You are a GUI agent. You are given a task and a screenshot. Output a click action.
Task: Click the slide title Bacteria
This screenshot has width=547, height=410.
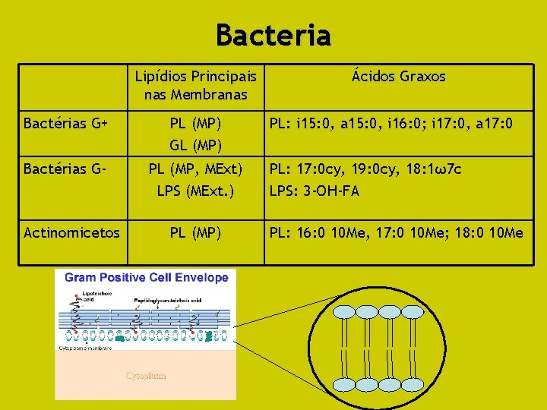click(273, 34)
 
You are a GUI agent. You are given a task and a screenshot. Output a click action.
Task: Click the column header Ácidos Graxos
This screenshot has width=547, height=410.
click(399, 77)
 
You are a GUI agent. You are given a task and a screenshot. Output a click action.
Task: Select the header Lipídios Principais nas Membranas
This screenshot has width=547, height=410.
click(195, 85)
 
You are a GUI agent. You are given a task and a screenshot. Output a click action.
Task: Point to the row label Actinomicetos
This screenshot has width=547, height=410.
click(71, 232)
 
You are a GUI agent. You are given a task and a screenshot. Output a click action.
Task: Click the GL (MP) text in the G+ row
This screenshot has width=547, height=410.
click(195, 145)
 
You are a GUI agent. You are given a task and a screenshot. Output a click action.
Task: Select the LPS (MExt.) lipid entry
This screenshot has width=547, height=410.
click(195, 191)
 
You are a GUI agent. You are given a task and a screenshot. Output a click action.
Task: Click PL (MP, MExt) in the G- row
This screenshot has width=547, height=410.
click(195, 169)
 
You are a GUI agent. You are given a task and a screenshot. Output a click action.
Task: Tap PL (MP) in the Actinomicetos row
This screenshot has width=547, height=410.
click(195, 232)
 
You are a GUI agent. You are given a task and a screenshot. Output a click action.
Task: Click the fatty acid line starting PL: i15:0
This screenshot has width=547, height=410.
click(391, 123)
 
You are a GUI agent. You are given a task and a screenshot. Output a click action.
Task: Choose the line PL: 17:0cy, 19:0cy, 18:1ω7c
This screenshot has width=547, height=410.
click(365, 169)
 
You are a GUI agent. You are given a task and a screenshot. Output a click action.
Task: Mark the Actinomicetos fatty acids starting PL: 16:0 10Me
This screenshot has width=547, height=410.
click(397, 232)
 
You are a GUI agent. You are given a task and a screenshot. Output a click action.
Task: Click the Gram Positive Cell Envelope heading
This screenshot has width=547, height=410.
click(147, 277)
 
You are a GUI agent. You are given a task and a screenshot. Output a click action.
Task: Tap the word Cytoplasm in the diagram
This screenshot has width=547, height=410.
click(146, 375)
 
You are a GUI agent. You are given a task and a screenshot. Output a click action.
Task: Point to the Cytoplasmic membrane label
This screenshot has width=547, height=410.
click(84, 348)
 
